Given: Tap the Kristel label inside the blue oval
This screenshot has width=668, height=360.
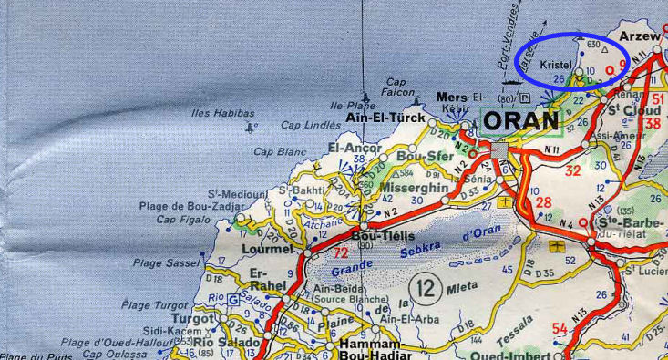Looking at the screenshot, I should coord(556,66).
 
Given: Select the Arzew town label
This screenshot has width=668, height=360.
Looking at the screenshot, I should coord(638,36).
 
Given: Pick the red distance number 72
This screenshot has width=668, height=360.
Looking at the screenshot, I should coord(341,253).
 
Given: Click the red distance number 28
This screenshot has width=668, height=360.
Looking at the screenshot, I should coord(543,201).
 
